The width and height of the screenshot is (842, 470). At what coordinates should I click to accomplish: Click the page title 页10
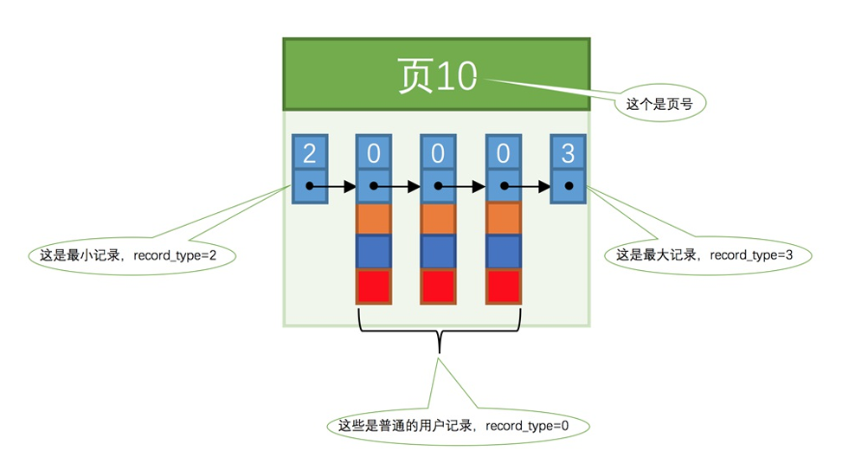point(437,75)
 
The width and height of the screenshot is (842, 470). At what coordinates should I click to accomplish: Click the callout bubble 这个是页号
point(660,104)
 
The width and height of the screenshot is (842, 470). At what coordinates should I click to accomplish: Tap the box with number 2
point(310,153)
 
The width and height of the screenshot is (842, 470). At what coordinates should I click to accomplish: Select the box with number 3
point(568,153)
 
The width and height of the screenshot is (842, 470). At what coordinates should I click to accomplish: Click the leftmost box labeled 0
point(374,153)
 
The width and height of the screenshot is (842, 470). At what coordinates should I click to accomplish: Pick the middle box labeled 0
point(438,153)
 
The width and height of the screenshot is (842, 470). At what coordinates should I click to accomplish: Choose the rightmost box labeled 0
point(503,153)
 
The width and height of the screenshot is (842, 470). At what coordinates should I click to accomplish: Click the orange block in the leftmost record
point(374,218)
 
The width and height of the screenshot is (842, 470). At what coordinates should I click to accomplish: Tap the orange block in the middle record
point(438,218)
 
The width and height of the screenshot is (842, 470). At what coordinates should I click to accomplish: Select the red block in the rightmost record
point(503,286)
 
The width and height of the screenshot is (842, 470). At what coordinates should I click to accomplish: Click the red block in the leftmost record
point(374,286)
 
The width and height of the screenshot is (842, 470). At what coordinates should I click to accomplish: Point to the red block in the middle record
point(438,286)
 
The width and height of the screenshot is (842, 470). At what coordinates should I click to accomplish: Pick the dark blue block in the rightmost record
point(503,251)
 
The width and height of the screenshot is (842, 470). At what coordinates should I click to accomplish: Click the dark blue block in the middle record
point(438,251)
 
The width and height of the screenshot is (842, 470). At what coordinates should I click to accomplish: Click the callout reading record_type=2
point(132,256)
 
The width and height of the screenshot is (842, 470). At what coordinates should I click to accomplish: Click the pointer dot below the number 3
point(568,186)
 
